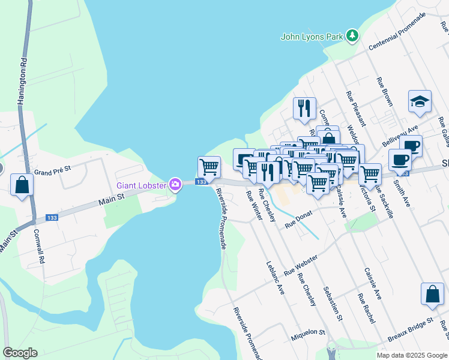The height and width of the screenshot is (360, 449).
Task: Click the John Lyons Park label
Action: [x=312, y=37]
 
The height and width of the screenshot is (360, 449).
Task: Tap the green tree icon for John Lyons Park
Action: [x=353, y=36]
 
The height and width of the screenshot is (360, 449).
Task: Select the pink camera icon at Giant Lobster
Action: [x=175, y=185]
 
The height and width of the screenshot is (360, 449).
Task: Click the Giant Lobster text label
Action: [x=141, y=185]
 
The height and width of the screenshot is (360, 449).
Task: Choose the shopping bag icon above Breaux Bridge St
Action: [x=432, y=295]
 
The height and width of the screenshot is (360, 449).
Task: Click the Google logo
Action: [x=20, y=353]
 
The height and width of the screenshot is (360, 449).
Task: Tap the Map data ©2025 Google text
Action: [x=411, y=355]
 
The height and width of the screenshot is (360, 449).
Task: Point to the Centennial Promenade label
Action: [x=397, y=31]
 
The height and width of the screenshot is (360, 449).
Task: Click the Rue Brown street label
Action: [x=384, y=92]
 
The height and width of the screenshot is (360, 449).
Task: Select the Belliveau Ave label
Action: [x=400, y=137]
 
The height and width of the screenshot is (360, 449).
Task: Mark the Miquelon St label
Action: [x=308, y=331]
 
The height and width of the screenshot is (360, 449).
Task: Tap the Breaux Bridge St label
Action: [x=410, y=330]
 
